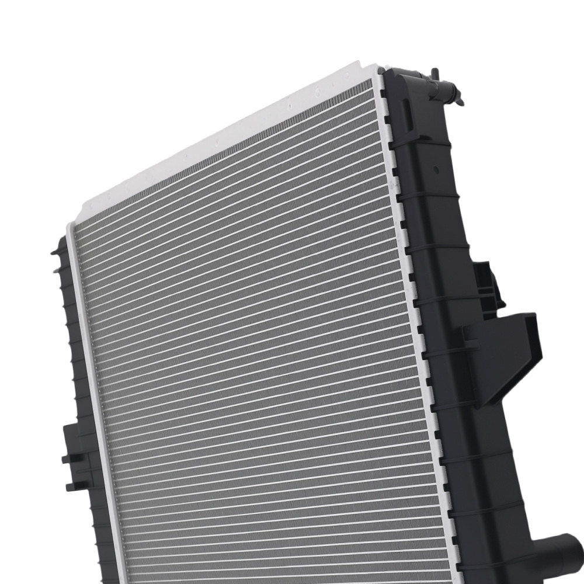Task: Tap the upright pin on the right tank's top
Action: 434,74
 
